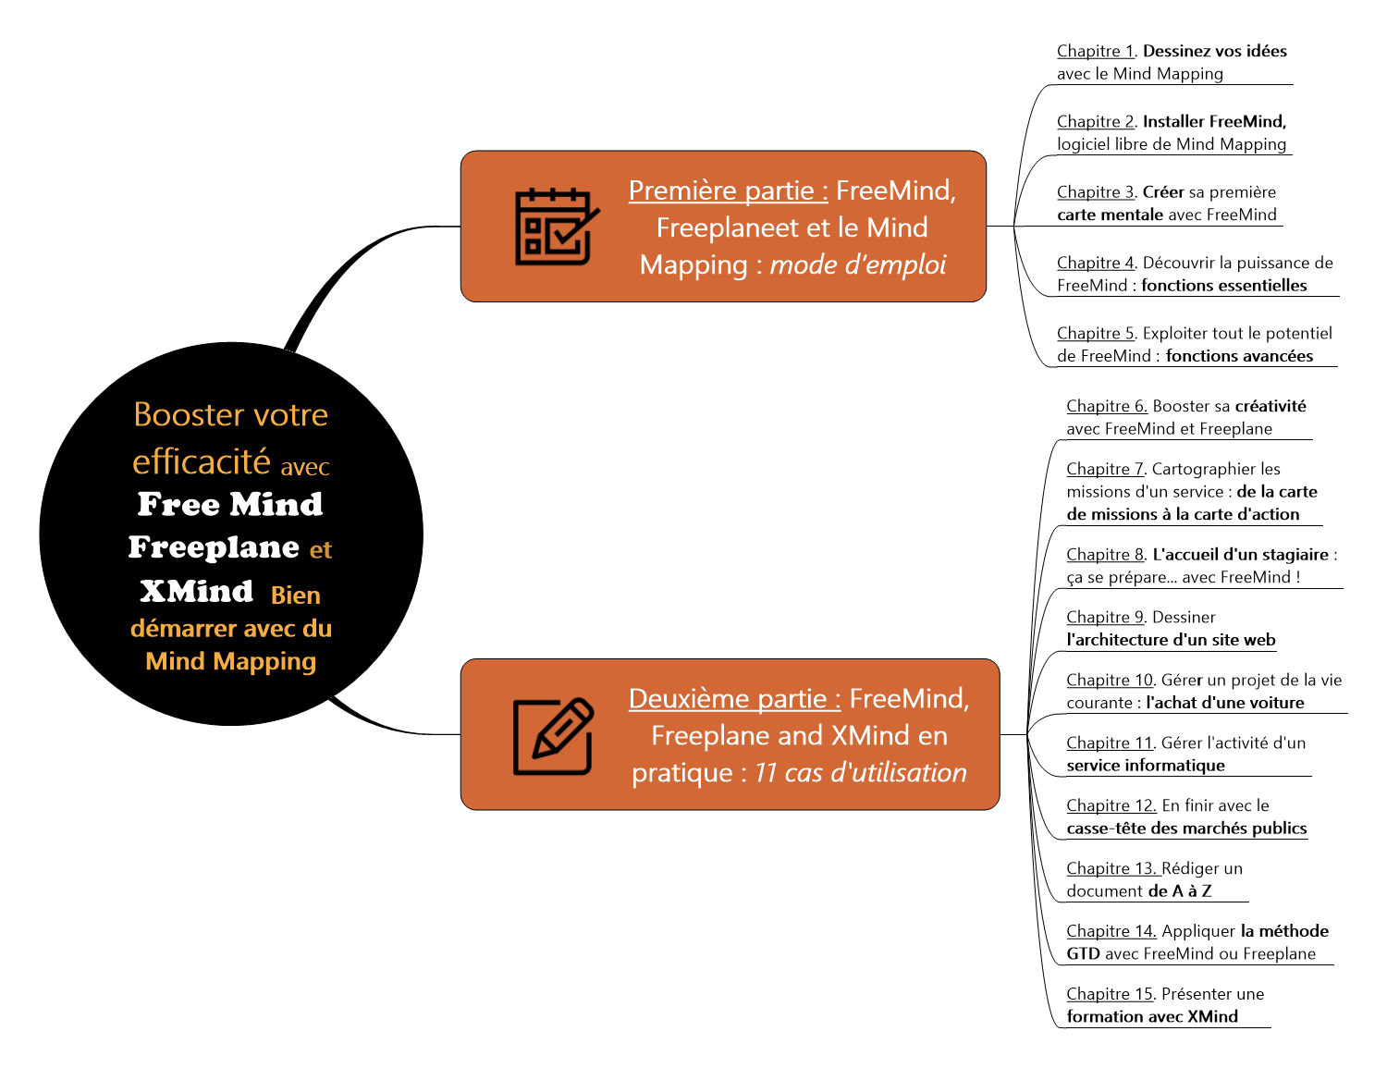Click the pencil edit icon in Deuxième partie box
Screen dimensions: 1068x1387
(x=553, y=736)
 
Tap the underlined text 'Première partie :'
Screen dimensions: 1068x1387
(x=728, y=190)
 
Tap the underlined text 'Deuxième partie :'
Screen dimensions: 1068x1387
(x=734, y=698)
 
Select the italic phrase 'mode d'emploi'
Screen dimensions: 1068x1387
(x=857, y=265)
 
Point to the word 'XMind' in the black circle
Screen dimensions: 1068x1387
(x=196, y=591)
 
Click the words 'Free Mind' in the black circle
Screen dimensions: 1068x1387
(x=230, y=504)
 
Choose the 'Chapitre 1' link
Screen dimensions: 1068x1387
(x=1095, y=51)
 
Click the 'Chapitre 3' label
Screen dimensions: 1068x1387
(x=1095, y=192)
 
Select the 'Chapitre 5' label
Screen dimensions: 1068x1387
(x=1095, y=333)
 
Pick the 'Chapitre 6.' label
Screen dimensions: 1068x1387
(x=1106, y=406)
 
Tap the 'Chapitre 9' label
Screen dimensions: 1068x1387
(x=1105, y=617)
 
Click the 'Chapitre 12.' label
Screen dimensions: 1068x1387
(x=1111, y=805)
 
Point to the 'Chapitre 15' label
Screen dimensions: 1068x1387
(x=1109, y=994)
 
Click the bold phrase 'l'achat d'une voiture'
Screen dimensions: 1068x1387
(x=1224, y=703)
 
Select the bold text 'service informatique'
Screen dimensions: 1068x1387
(x=1145, y=766)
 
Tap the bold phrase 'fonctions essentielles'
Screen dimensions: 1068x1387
(x=1223, y=286)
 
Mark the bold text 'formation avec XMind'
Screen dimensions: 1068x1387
(x=1151, y=1017)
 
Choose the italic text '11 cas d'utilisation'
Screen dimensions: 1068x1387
(x=860, y=773)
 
